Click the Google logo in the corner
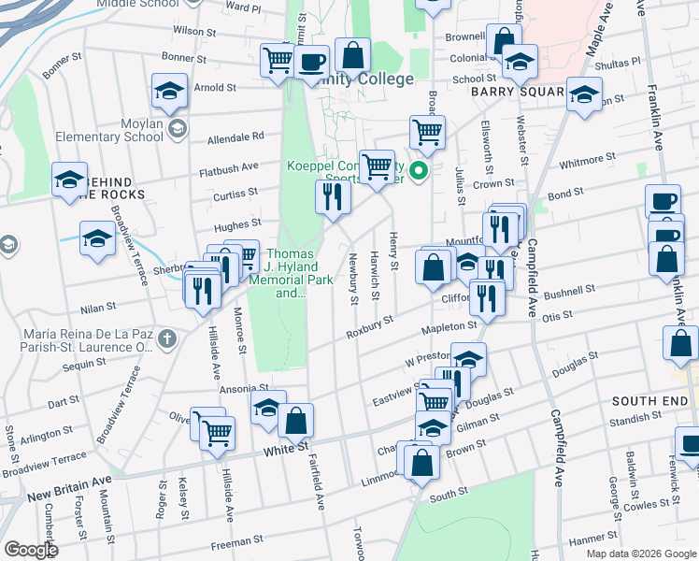(30, 550)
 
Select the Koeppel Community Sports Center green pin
(420, 170)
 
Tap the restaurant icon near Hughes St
(333, 196)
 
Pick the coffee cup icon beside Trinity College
(312, 63)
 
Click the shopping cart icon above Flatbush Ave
(377, 167)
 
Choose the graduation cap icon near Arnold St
(169, 90)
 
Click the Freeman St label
(238, 541)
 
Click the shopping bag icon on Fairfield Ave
(296, 421)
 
